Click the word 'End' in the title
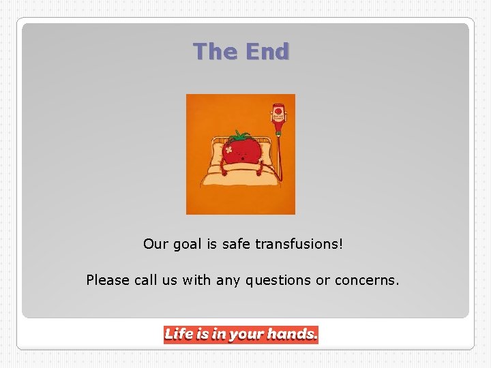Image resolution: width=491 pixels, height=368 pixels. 267,51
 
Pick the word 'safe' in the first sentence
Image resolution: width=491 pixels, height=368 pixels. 236,243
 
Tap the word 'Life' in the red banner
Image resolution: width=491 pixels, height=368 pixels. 179,334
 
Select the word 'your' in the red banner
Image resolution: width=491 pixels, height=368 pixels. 245,335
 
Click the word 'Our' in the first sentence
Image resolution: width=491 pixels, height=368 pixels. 154,243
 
